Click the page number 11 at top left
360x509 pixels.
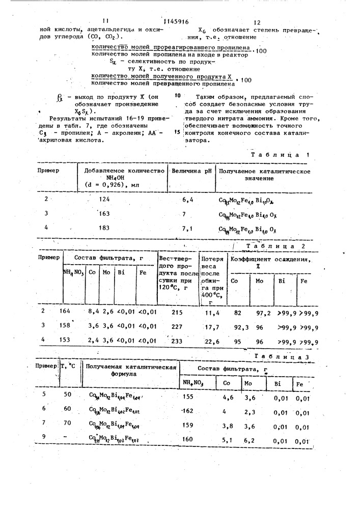(105, 21)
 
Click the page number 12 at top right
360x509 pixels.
(257, 22)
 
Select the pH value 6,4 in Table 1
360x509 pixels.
(182, 200)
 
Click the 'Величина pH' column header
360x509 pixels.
(191, 172)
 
